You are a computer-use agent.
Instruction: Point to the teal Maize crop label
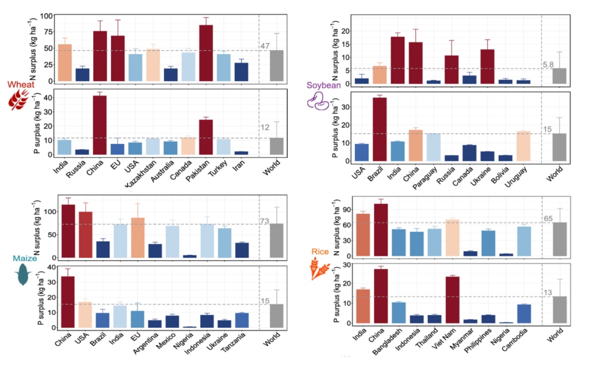point(22,259)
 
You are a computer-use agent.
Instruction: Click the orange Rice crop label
point(320,252)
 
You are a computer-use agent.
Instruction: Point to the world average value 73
point(265,221)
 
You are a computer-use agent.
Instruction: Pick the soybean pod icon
point(318,101)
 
